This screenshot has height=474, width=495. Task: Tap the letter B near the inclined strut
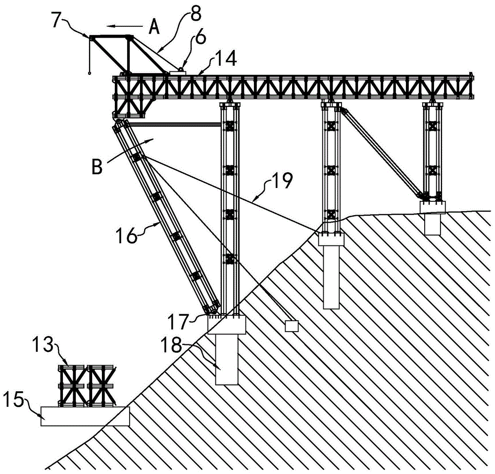click(97, 167)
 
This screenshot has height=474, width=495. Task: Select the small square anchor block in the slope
click(292, 326)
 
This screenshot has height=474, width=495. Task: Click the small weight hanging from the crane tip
click(90, 73)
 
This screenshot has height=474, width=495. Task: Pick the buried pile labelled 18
click(226, 360)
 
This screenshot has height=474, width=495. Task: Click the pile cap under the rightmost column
click(433, 206)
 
